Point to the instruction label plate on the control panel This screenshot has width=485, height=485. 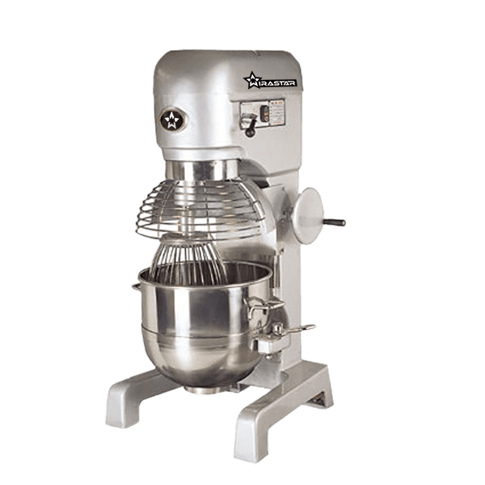(272, 110)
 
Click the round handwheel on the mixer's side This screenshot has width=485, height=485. (310, 213)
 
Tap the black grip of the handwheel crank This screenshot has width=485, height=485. (334, 221)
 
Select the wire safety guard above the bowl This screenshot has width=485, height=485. (202, 208)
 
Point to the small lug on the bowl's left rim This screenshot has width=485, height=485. (135, 284)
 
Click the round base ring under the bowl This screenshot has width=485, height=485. (201, 387)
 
